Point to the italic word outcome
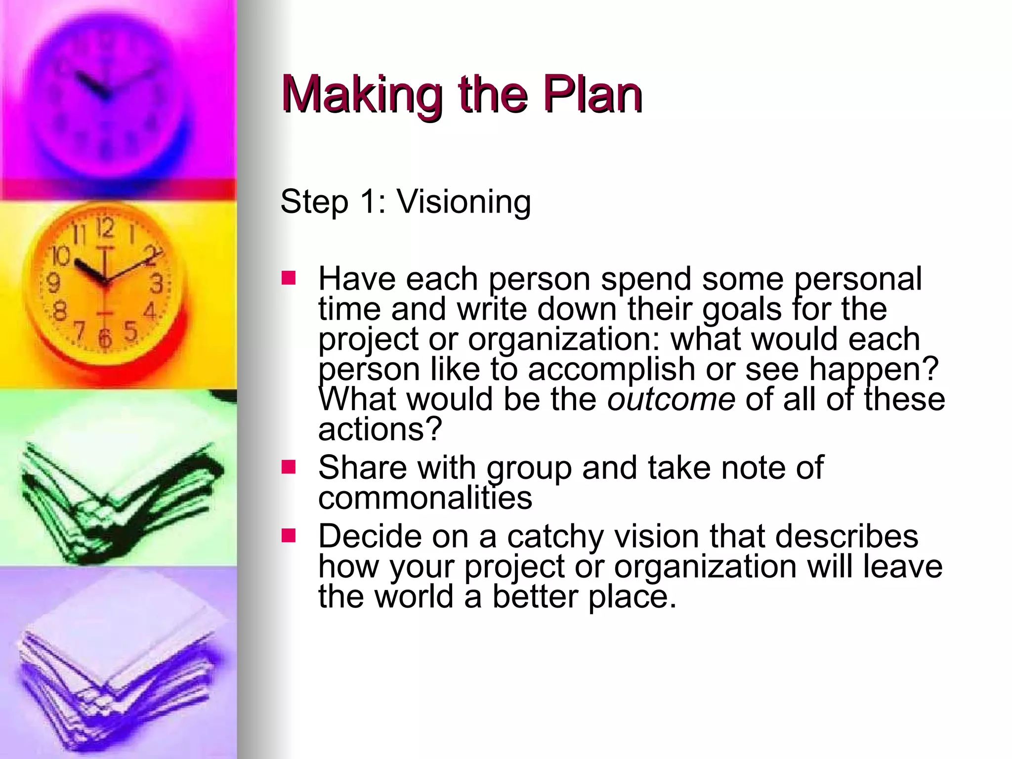(x=671, y=399)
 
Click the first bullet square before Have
(x=288, y=278)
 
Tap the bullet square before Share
(x=288, y=466)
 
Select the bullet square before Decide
(x=288, y=536)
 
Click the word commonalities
(x=425, y=498)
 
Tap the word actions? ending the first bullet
(x=379, y=429)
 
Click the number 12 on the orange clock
(x=105, y=229)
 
